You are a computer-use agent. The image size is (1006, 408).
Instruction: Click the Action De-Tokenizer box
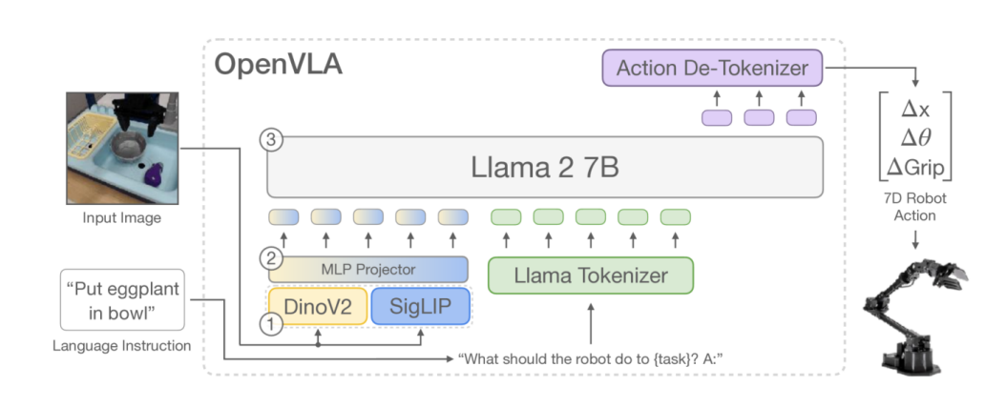pyautogui.click(x=712, y=68)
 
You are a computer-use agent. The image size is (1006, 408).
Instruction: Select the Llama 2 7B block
pyautogui.click(x=545, y=167)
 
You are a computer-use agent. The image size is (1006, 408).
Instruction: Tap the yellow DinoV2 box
pyautogui.click(x=318, y=306)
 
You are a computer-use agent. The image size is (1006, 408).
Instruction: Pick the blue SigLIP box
pyautogui.click(x=421, y=306)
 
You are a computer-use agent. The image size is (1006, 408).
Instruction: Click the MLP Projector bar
pyautogui.click(x=367, y=270)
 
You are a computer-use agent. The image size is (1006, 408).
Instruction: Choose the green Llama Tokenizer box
pyautogui.click(x=591, y=275)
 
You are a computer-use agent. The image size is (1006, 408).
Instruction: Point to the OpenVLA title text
pyautogui.click(x=278, y=65)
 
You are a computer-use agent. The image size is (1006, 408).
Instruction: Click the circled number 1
pyautogui.click(x=270, y=325)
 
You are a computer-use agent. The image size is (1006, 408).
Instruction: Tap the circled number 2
pyautogui.click(x=270, y=260)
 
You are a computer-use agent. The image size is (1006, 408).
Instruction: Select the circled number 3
pyautogui.click(x=270, y=141)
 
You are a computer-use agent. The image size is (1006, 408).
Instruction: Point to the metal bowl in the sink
pyautogui.click(x=129, y=146)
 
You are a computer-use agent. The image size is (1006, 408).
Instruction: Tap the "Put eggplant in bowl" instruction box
pyautogui.click(x=122, y=299)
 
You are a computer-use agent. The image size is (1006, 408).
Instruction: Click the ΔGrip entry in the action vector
pyautogui.click(x=915, y=168)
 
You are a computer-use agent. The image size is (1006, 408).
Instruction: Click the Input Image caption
pyautogui.click(x=122, y=217)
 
